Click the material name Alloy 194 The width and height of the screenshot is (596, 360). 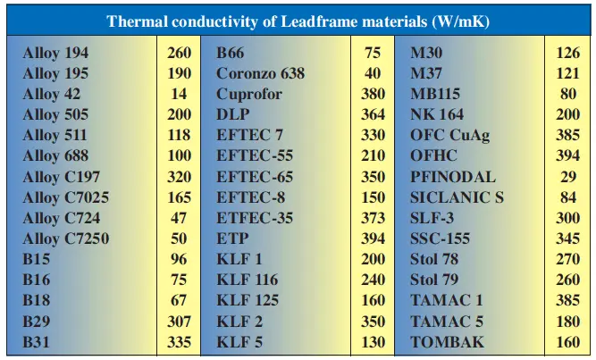click(x=55, y=53)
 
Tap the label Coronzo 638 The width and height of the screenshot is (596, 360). click(x=262, y=73)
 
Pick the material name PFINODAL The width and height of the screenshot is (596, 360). click(x=452, y=177)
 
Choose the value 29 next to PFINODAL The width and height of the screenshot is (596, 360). click(x=569, y=177)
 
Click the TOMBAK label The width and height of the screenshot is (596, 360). click(x=447, y=342)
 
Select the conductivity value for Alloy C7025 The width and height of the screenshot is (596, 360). click(x=179, y=197)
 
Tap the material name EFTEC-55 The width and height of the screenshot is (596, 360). click(x=255, y=156)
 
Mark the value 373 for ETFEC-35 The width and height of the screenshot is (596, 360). click(x=373, y=218)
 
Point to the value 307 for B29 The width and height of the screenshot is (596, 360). click(x=179, y=322)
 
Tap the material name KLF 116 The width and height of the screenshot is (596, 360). click(x=248, y=280)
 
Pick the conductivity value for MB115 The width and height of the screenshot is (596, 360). click(x=569, y=94)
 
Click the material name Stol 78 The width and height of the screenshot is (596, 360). click(x=436, y=260)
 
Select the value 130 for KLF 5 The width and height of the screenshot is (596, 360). click(x=373, y=342)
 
